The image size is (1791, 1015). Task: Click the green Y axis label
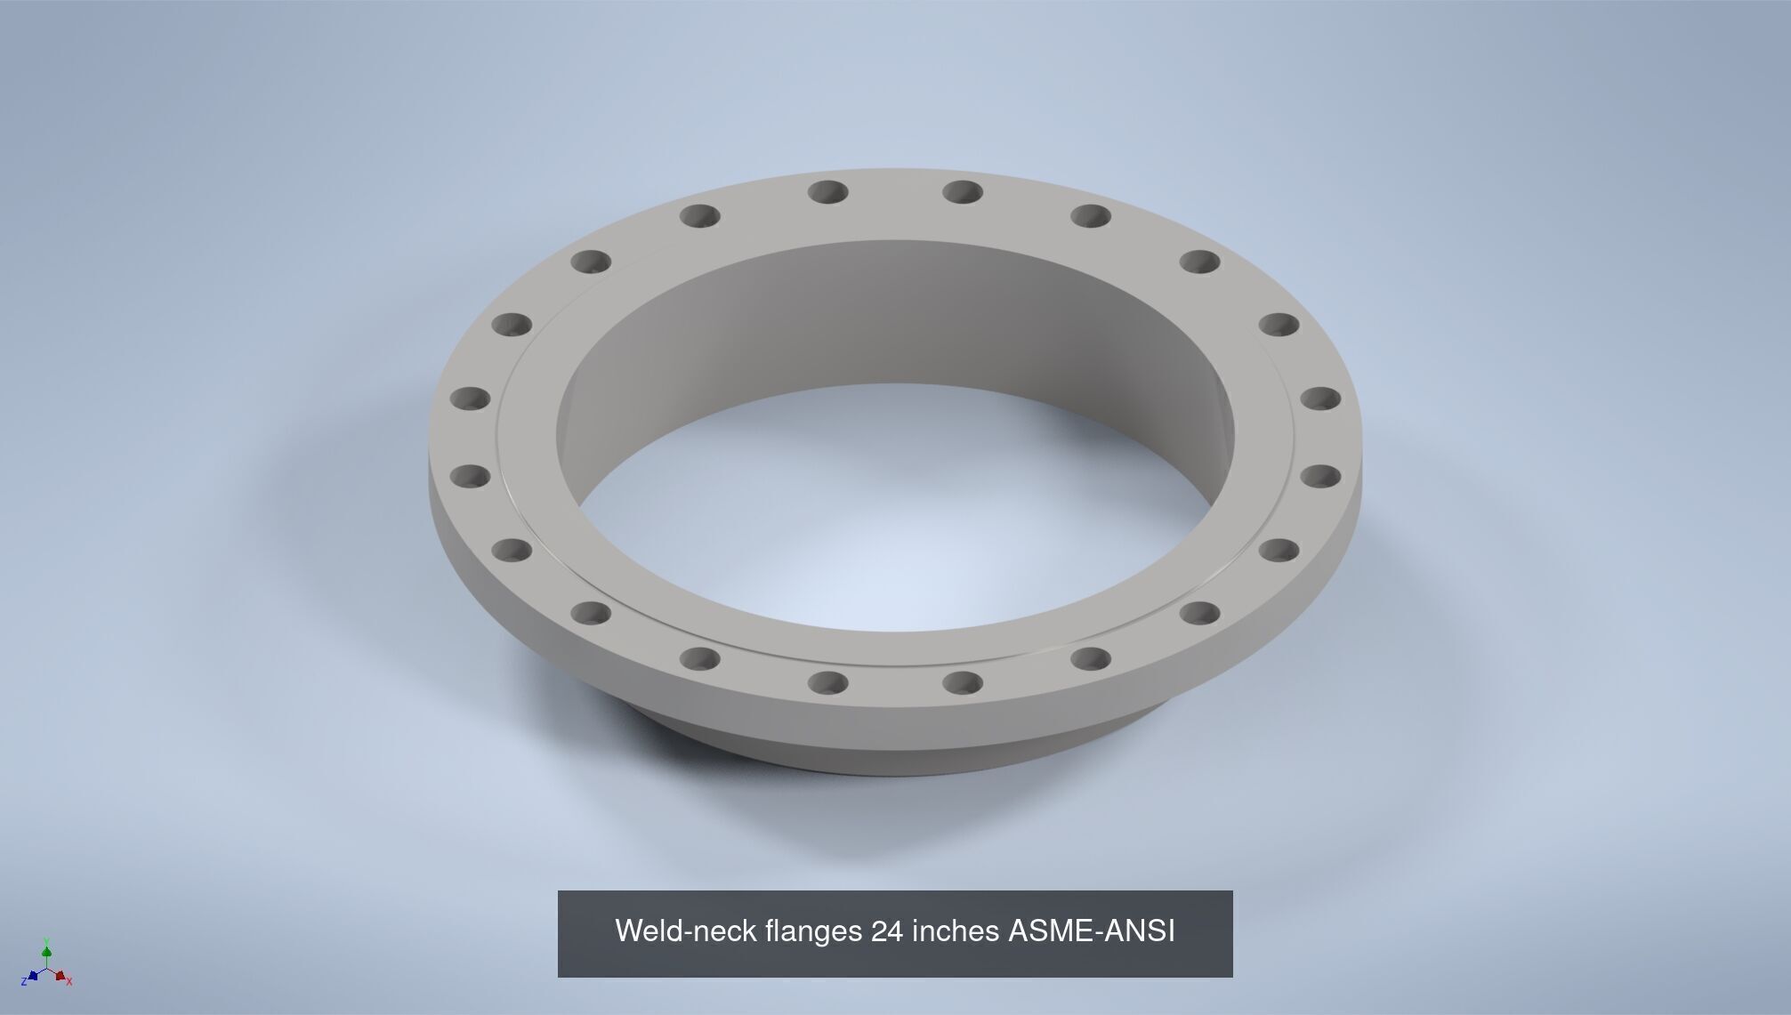45,941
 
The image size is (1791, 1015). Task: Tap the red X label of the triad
69,982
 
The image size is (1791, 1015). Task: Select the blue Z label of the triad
23,981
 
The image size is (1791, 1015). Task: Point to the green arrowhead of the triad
46,953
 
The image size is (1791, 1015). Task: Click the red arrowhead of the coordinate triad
60,976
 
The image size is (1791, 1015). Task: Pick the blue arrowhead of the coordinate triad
33,975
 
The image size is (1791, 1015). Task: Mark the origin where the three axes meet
46,969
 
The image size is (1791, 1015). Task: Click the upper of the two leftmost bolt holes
470,399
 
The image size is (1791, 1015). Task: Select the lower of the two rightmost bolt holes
1320,476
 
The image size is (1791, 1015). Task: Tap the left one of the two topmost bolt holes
828,191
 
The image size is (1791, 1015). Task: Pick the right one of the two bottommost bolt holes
962,683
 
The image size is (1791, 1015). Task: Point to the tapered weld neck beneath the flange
890,752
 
